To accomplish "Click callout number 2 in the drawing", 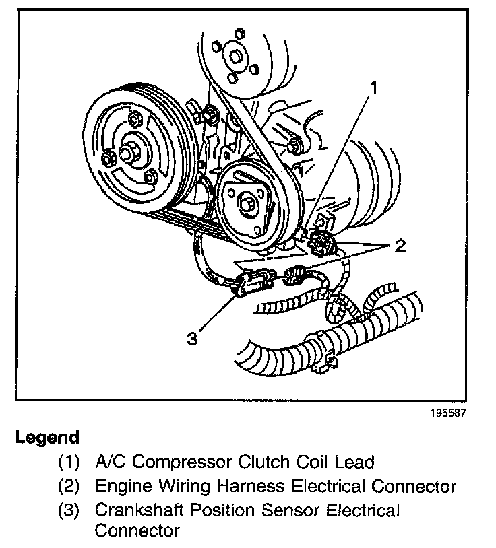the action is (x=400, y=246).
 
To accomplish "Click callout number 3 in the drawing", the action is (x=193, y=339).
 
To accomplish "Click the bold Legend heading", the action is (x=47, y=438).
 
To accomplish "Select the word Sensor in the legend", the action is (x=278, y=510).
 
